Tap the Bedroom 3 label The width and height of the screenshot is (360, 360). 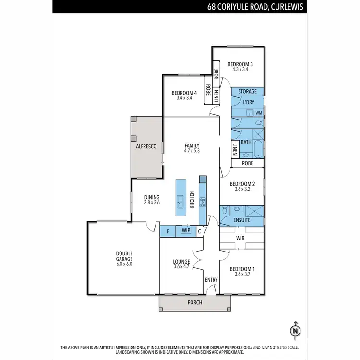240,64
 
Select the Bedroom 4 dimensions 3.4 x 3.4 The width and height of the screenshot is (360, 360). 184,98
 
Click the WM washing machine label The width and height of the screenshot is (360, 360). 259,113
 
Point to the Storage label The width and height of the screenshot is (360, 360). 248,91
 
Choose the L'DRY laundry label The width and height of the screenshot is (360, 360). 248,102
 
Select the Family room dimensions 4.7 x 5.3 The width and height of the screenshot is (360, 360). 191,151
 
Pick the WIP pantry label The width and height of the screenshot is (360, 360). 185,231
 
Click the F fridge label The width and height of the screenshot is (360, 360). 168,231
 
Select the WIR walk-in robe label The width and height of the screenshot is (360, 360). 241,238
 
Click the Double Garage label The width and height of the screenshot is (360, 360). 124,256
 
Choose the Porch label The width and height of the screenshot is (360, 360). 194,302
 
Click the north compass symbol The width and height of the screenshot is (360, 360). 296,331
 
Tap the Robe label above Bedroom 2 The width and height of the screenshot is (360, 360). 248,163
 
